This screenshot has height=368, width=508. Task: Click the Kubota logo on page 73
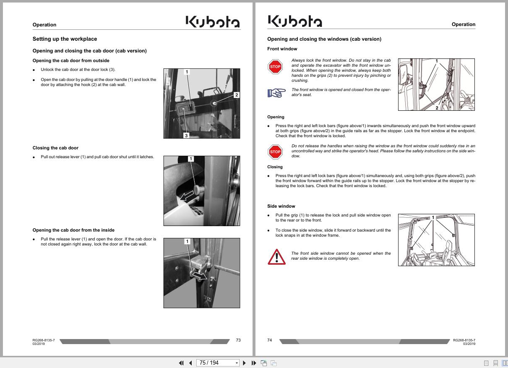click(x=213, y=22)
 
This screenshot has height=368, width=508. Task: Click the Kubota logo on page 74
click(x=294, y=21)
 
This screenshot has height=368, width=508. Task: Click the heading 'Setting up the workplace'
click(x=65, y=39)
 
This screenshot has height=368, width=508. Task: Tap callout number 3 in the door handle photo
click(x=186, y=135)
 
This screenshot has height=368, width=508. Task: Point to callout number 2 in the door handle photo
click(x=236, y=95)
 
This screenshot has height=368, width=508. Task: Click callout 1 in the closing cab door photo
click(x=191, y=159)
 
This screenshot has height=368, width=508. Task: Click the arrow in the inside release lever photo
click(x=200, y=276)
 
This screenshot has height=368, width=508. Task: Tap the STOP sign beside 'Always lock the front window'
click(x=275, y=67)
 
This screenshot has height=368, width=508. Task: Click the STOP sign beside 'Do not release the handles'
click(x=275, y=151)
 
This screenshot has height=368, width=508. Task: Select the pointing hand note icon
click(x=276, y=92)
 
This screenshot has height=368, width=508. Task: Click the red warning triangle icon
click(x=276, y=257)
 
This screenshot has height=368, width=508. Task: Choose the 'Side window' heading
click(x=281, y=206)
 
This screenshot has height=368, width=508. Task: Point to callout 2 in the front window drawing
click(x=437, y=108)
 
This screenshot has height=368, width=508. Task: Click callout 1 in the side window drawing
click(x=433, y=217)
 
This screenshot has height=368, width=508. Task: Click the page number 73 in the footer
click(x=238, y=340)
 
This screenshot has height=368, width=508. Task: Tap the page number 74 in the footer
click(x=270, y=340)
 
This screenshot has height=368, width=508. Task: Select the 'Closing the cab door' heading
click(x=55, y=148)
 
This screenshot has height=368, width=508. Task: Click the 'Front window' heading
click(x=282, y=49)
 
